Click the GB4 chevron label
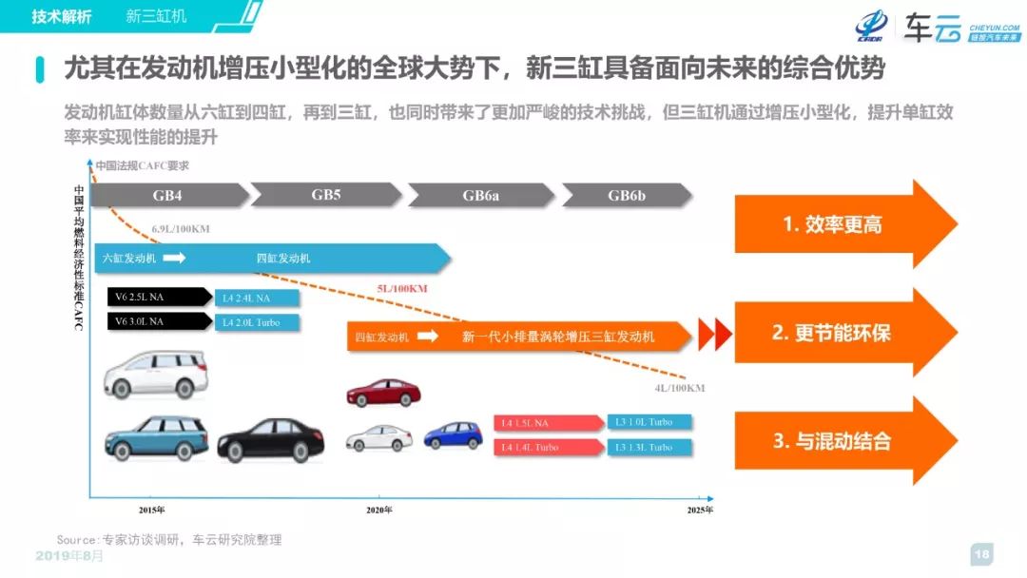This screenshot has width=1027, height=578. click(x=169, y=196)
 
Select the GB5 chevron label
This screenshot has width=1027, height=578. click(x=326, y=195)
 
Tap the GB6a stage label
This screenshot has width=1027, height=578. click(x=481, y=196)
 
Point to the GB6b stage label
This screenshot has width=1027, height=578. click(x=627, y=196)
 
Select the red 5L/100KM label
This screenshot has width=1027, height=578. click(x=402, y=289)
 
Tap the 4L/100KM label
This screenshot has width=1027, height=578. click(x=680, y=388)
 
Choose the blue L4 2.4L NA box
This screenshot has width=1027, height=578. click(x=257, y=298)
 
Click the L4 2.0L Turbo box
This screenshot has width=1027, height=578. click(x=257, y=322)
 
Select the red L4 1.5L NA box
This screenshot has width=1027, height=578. click(x=548, y=422)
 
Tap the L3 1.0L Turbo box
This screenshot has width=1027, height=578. click(x=649, y=421)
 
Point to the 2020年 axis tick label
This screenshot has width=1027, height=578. click(x=379, y=511)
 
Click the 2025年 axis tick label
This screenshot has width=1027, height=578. click(x=701, y=511)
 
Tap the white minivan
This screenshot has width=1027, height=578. click(x=154, y=376)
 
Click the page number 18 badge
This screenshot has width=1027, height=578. click(x=982, y=554)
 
